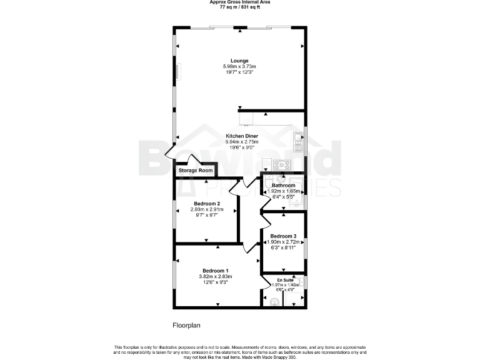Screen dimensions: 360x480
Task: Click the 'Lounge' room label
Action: [x=239, y=61]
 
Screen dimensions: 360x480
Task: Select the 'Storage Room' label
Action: [x=196, y=171]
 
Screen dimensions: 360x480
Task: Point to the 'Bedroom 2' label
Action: [x=206, y=204]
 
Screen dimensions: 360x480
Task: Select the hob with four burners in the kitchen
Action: [x=281, y=166]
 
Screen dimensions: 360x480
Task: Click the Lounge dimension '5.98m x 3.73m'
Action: [x=239, y=67]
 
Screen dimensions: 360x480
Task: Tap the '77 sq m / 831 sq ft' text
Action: [x=239, y=7]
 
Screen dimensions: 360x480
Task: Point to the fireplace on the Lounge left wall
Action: [x=177, y=72]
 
